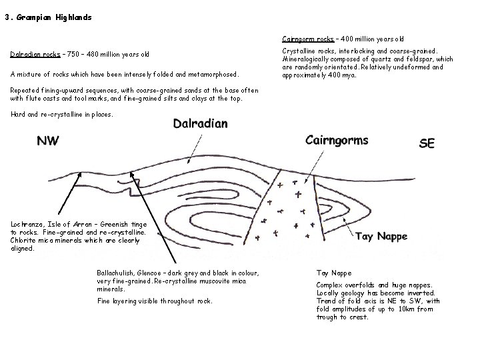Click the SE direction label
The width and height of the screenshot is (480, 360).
pyautogui.click(x=427, y=143)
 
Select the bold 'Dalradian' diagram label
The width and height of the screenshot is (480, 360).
pyautogui.click(x=200, y=123)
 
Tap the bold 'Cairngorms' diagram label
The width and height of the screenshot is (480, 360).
pyautogui.click(x=336, y=140)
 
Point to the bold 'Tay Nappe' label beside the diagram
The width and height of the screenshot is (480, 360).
pyautogui.click(x=381, y=236)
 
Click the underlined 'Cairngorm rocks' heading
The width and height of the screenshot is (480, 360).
pyautogui.click(x=307, y=39)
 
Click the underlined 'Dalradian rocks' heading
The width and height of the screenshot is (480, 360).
pyautogui.click(x=37, y=54)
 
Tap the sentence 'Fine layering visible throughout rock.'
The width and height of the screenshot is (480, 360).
pyautogui.click(x=155, y=301)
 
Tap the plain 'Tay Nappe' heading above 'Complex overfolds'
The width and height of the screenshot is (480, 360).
pyautogui.click(x=333, y=273)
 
